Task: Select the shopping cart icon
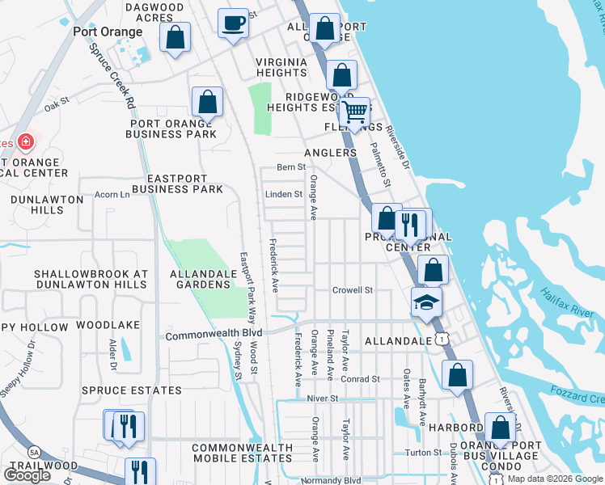[354, 112]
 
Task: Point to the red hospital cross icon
[25, 142]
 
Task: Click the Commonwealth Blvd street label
[214, 334]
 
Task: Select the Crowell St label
[352, 289]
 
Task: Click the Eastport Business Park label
[177, 184]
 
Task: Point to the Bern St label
[290, 167]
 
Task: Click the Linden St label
[284, 194]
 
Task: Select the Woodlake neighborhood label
[108, 325]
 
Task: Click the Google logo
[27, 474]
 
